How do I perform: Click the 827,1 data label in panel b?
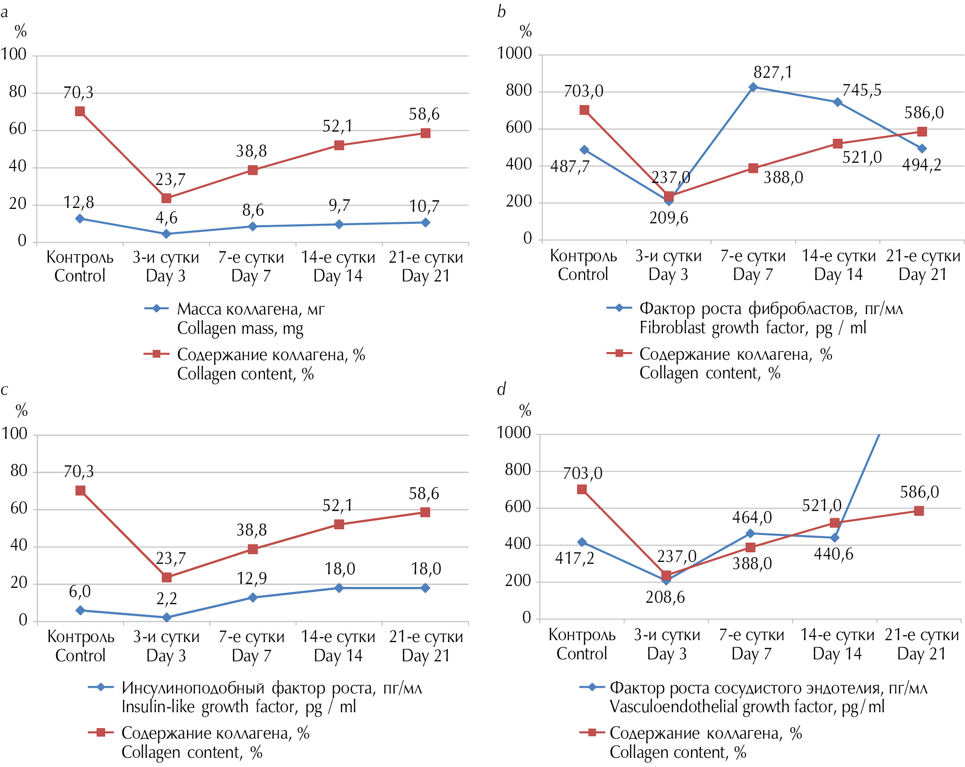point(772,73)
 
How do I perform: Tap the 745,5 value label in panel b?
point(862,90)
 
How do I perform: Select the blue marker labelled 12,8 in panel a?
point(80,219)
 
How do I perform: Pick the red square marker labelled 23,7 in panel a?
point(166,198)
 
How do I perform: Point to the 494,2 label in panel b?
point(921,165)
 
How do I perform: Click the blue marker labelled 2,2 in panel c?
point(167,618)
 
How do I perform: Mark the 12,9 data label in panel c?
point(252,578)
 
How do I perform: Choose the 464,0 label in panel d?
point(752,518)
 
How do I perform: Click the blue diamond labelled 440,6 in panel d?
point(835,538)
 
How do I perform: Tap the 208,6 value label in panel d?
point(665,597)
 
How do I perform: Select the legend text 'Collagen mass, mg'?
point(240,329)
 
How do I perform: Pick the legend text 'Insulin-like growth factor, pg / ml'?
point(239,707)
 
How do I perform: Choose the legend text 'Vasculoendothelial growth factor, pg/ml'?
point(747,707)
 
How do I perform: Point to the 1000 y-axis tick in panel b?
point(514,53)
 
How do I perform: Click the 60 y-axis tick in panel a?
point(18,129)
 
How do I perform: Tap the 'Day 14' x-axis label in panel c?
point(338,656)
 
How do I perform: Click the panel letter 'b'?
point(501,12)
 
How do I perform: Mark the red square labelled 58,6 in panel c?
point(425,512)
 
